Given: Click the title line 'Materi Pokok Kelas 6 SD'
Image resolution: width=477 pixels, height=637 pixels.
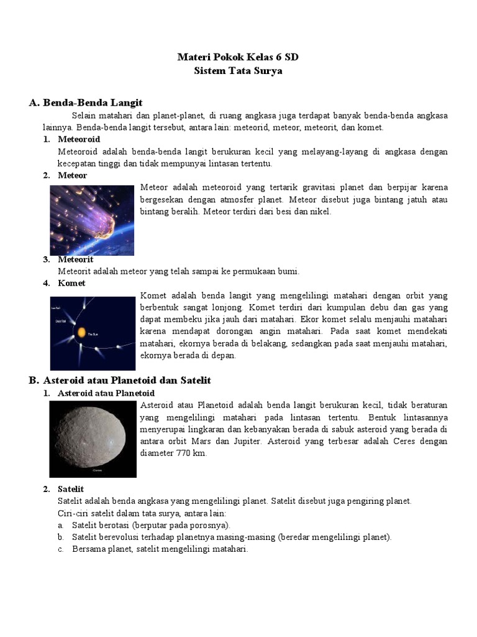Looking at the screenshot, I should tap(238, 57).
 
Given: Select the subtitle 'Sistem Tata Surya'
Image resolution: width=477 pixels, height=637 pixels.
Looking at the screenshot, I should tap(238, 71).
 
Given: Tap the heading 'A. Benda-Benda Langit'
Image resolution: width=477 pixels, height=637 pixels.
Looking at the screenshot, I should tap(86, 102).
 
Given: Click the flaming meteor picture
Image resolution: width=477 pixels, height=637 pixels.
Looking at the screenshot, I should tap(92, 220).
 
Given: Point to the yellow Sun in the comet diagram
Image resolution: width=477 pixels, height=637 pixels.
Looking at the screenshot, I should tap(80, 332).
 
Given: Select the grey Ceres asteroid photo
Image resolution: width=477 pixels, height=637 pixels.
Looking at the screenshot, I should tap(93, 438).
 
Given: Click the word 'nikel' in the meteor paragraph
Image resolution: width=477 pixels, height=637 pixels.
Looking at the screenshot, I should tap(322, 212).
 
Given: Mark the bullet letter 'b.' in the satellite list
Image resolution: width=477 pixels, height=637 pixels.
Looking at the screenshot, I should tap(61, 537).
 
